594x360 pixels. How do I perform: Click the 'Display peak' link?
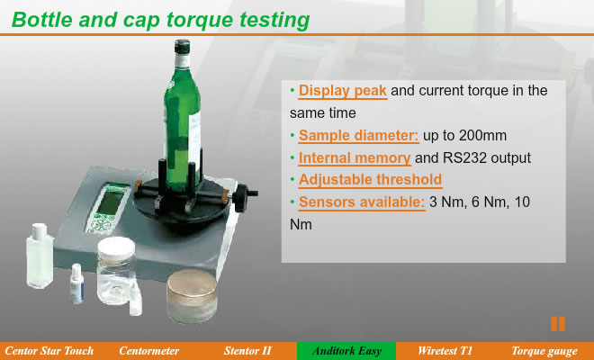click(343, 91)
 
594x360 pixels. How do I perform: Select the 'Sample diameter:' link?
click(358, 136)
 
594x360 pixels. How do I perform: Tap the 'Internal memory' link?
click(355, 158)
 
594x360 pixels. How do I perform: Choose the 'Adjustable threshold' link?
click(370, 180)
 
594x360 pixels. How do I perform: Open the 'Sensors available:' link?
click(362, 202)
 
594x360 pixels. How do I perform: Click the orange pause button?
click(558, 324)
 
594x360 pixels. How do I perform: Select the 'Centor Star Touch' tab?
click(49, 351)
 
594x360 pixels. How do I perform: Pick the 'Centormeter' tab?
click(148, 351)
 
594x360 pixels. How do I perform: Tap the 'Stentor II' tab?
click(247, 351)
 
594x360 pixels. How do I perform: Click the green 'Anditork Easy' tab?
click(346, 351)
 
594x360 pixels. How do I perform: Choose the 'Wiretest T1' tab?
click(445, 351)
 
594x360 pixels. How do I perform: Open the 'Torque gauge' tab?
click(544, 351)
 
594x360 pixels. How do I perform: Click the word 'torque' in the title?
click(200, 20)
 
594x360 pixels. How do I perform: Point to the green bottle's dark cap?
click(182, 47)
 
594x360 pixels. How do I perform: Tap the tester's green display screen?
click(110, 202)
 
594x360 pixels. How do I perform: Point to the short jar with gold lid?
click(192, 296)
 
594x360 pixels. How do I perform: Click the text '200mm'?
click(482, 136)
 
